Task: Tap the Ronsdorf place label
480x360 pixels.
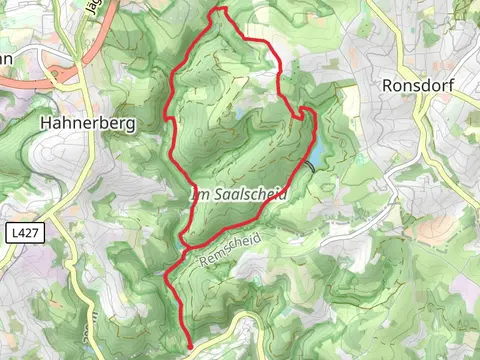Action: click(x=418, y=86)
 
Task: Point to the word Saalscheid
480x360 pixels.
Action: click(x=249, y=196)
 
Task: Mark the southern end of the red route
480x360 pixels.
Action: click(x=189, y=346)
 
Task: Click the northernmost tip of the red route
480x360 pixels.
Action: click(x=221, y=9)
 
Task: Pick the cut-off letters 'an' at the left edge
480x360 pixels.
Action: click(x=6, y=58)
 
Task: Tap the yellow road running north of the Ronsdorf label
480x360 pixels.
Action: click(x=400, y=40)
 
